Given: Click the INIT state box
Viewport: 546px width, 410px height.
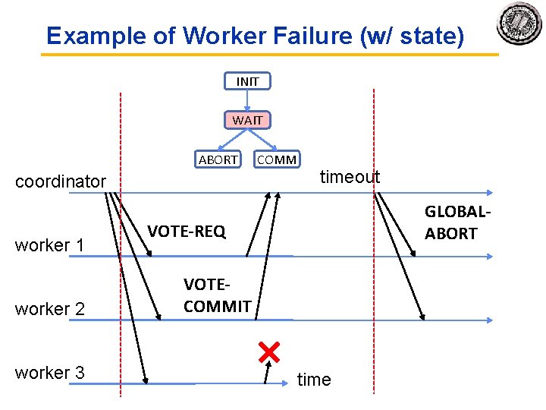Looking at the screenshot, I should click(247, 81).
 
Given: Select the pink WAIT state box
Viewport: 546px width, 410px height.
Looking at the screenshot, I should click(247, 120).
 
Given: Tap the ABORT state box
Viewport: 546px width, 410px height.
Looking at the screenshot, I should click(218, 159).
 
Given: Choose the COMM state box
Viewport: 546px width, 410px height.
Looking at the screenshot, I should click(277, 159).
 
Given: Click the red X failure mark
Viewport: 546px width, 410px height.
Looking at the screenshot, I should click(269, 352).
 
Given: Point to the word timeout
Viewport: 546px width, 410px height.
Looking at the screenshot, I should click(350, 177).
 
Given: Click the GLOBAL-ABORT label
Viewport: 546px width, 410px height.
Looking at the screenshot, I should click(452, 222).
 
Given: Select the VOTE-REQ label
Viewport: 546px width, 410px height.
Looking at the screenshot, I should click(186, 232).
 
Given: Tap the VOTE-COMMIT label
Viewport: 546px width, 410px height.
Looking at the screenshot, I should click(217, 296).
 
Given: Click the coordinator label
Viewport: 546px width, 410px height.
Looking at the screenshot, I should click(61, 181).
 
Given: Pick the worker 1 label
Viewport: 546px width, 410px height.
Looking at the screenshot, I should click(49, 245).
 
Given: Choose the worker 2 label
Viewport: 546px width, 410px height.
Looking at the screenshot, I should click(49, 309).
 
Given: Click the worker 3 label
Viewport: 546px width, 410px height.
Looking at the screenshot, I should click(49, 373).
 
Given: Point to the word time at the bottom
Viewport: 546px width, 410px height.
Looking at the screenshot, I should click(314, 380).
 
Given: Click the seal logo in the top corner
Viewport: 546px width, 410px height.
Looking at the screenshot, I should click(519, 24).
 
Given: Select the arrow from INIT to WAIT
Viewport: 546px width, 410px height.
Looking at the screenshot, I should click(247, 100).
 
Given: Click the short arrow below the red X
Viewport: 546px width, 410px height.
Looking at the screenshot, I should click(267, 373).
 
